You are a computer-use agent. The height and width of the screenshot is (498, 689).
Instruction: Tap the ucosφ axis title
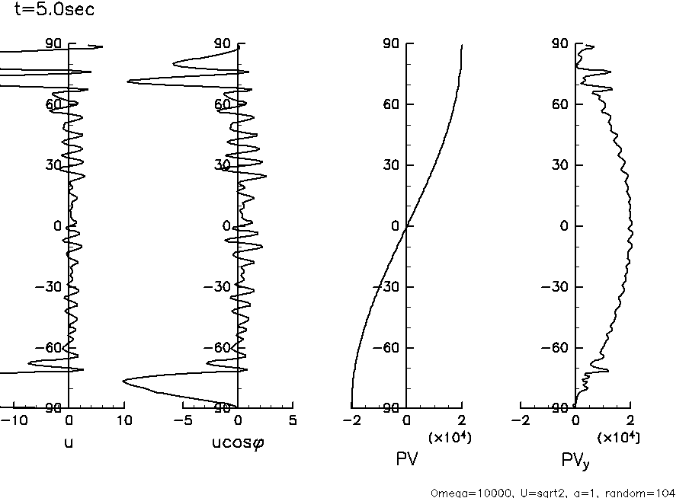pyautogui.click(x=239, y=442)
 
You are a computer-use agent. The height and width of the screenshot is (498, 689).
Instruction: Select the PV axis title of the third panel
pyautogui.click(x=406, y=458)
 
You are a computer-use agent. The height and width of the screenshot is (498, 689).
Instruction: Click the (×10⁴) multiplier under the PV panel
pyautogui.click(x=449, y=437)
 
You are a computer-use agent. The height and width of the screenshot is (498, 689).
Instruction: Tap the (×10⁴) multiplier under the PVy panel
pyautogui.click(x=618, y=437)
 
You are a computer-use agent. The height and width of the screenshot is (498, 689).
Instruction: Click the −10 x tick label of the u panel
pyautogui.click(x=17, y=420)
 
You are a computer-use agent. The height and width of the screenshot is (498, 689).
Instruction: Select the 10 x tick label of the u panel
pyautogui.click(x=123, y=420)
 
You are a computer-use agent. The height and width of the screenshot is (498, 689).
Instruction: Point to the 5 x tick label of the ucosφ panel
pyautogui.click(x=293, y=420)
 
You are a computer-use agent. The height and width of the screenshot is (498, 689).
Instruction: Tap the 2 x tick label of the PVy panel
pyautogui.click(x=630, y=420)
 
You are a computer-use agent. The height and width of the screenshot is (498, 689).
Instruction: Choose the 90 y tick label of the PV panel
pyautogui.click(x=392, y=44)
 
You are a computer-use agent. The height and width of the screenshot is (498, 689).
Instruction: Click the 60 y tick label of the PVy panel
pyautogui.click(x=561, y=104)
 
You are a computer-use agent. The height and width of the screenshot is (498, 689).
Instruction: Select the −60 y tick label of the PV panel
pyautogui.click(x=386, y=348)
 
